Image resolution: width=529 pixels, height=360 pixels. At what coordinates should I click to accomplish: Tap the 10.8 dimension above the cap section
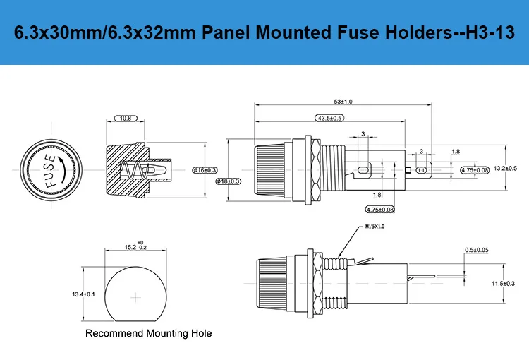click(x=124, y=118)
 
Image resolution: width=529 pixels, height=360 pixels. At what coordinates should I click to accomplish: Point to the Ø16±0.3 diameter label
click(x=205, y=169)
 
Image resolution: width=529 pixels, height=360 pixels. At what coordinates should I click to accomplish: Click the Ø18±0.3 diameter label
click(x=228, y=181)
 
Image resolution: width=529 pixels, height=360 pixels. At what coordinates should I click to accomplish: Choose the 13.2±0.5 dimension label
click(x=505, y=168)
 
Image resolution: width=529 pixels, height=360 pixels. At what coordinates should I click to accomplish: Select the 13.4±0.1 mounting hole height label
click(x=83, y=294)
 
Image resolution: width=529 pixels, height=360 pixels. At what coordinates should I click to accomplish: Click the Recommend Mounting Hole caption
click(x=148, y=333)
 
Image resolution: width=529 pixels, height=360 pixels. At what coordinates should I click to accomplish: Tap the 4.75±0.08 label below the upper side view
click(x=380, y=210)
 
